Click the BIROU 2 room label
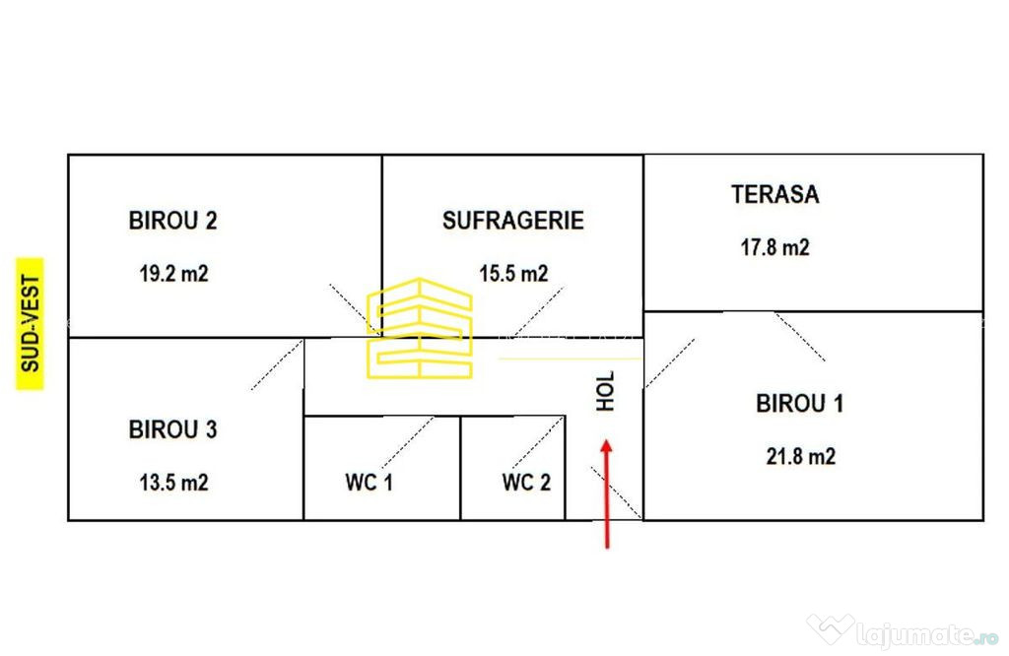[x=173, y=221]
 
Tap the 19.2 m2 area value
[x=173, y=274]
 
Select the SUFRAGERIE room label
[x=512, y=221]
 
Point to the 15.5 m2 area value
[x=513, y=274]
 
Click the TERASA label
[x=774, y=194]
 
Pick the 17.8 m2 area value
[x=774, y=247]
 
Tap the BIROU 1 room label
[x=799, y=403]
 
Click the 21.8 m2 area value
[x=800, y=456]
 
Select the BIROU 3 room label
[x=173, y=429]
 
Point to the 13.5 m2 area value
[x=173, y=483]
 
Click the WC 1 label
[x=369, y=483]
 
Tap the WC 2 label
[x=526, y=483]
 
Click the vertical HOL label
[x=606, y=391]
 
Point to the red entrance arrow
[x=606, y=493]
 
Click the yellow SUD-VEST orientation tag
[x=30, y=323]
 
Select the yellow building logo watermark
[x=420, y=328]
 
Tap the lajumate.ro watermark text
[x=926, y=635]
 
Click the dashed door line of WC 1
[x=407, y=442]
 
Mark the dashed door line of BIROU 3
[x=277, y=364]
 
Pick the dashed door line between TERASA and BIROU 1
[x=800, y=337]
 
